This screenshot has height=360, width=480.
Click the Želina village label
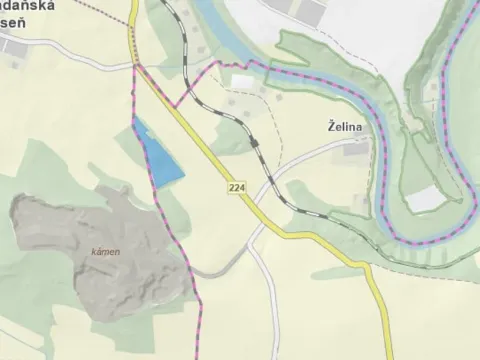click(344, 127)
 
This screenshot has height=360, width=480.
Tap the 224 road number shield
click(235, 188)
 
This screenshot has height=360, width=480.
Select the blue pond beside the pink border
click(160, 158)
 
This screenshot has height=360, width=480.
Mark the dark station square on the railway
click(255, 144)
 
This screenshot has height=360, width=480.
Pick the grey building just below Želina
click(355, 150)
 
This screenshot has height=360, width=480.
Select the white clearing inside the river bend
click(425, 198)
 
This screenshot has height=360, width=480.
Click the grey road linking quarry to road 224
click(225, 265)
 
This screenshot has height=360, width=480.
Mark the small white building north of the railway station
click(243, 80)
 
